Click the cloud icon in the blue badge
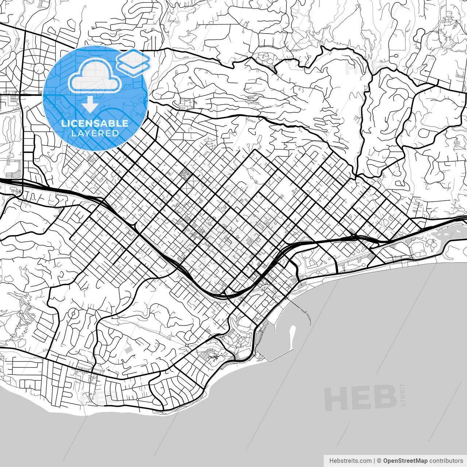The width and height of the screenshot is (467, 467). (x=95, y=76)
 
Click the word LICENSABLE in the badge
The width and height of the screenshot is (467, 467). (x=95, y=123)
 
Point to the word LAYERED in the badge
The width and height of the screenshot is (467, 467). (x=95, y=133)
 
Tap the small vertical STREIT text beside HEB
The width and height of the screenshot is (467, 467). (x=403, y=395)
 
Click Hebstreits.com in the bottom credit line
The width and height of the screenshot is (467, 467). (x=350, y=461)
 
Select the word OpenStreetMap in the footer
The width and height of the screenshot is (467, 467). (x=405, y=461)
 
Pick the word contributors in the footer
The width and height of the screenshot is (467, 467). (x=446, y=461)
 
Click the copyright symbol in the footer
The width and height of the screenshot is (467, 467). (x=379, y=461)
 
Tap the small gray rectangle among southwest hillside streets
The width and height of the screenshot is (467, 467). (x=128, y=350)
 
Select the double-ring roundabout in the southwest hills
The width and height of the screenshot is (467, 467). (x=73, y=313)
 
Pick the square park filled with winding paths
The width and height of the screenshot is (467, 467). (x=185, y=174)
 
